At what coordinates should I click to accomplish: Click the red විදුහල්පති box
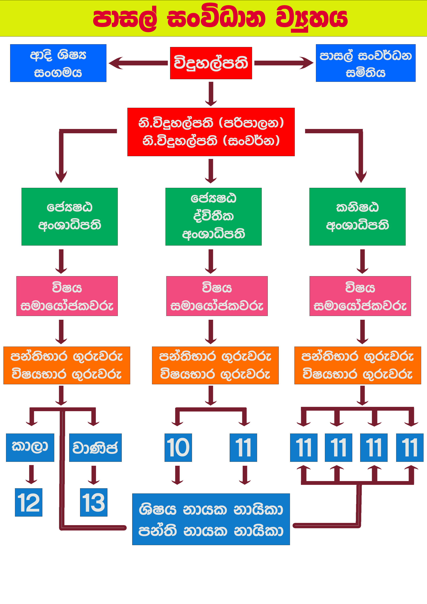coord(211,63)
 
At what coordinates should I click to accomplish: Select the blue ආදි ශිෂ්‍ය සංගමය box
coord(58,63)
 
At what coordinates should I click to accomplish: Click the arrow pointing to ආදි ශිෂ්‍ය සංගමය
coord(138,63)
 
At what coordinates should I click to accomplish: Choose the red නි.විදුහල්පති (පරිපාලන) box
coord(211,132)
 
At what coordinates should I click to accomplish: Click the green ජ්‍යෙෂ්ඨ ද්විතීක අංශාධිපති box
coord(213,216)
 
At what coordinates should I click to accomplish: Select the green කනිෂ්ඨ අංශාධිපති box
coord(357,216)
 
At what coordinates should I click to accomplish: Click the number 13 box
coord(94,502)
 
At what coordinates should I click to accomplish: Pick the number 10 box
coord(178,447)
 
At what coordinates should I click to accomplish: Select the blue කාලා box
coord(30,447)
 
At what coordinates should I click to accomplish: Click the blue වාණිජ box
coord(95,447)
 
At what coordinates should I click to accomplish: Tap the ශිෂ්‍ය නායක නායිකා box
coord(211,519)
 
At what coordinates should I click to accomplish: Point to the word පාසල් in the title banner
coord(125,18)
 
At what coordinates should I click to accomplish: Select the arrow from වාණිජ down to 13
coord(94,475)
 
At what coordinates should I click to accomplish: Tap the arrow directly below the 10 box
coord(178,475)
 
